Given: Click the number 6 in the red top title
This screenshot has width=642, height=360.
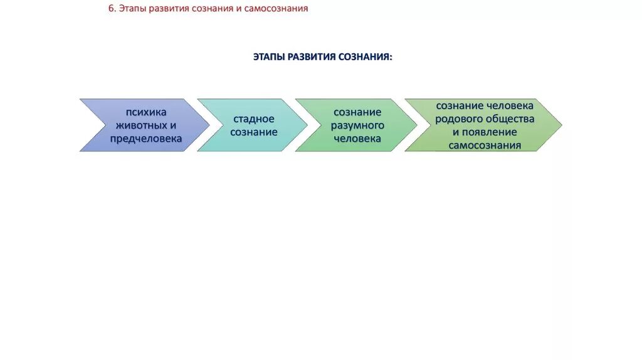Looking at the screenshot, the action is (112, 9).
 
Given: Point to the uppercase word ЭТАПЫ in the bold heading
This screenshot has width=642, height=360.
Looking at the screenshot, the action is (268, 57).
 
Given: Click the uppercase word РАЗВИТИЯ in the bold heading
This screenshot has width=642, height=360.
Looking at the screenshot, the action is (310, 57).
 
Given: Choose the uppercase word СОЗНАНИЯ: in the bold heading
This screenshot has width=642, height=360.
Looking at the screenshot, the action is (366, 57).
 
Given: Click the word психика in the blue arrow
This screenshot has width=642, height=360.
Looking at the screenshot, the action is (146, 112).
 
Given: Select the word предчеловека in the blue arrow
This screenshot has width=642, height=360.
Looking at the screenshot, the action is (146, 139).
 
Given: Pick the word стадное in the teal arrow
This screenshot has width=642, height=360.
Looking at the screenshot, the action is (254, 119).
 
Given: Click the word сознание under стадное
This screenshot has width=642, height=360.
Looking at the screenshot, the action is (254, 132).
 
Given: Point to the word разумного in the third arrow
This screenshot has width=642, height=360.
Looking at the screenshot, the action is (357, 125).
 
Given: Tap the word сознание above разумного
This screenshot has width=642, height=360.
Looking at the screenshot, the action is (357, 112).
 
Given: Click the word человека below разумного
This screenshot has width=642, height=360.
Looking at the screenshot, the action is (357, 139).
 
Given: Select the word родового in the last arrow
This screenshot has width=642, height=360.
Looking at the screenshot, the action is (459, 119).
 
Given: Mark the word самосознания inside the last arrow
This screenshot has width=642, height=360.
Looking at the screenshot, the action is (485, 146).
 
